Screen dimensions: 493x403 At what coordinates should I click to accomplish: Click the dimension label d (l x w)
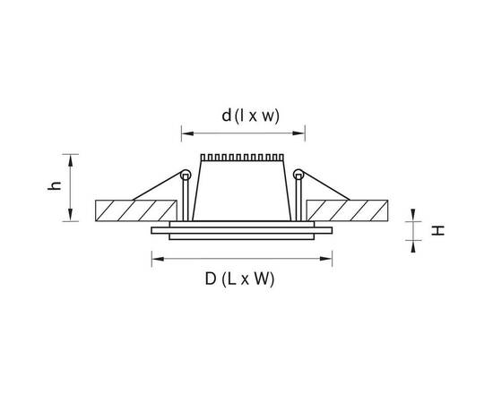tap(250, 116)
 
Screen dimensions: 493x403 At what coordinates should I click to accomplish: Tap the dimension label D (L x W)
tap(239, 279)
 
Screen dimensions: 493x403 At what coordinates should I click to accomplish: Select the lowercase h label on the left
tap(55, 185)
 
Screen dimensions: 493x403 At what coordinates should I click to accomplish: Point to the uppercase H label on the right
tap(437, 230)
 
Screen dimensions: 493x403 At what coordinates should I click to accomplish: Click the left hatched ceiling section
tap(136, 210)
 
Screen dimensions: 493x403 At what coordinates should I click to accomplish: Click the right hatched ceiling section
tap(347, 210)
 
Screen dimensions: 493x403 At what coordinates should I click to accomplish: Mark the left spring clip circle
tap(186, 175)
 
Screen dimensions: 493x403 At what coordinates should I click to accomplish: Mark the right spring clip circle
tap(298, 175)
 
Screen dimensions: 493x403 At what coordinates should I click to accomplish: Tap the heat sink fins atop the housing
tap(242, 158)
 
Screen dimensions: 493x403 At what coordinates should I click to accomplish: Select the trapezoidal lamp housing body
tap(242, 191)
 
